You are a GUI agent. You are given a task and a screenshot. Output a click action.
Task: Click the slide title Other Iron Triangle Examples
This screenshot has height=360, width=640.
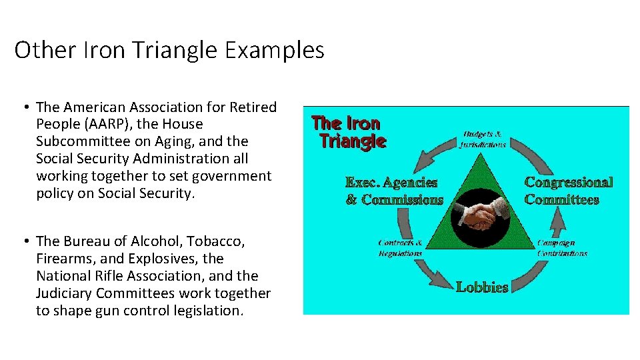(x=169, y=51)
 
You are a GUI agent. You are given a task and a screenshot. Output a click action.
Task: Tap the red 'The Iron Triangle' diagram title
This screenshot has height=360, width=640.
(x=348, y=132)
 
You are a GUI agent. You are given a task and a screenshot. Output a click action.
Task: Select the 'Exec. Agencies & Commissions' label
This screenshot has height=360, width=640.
(x=394, y=191)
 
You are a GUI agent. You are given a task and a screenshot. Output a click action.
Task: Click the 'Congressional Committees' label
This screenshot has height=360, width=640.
(x=569, y=191)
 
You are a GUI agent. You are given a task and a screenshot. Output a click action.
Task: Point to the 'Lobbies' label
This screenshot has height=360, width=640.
(x=482, y=287)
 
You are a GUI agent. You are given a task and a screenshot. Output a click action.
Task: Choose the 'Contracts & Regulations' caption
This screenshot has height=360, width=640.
(x=400, y=248)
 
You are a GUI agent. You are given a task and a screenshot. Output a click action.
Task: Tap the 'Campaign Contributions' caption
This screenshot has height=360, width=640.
(x=563, y=248)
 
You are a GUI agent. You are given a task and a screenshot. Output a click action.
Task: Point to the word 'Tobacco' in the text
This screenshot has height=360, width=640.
(x=213, y=241)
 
